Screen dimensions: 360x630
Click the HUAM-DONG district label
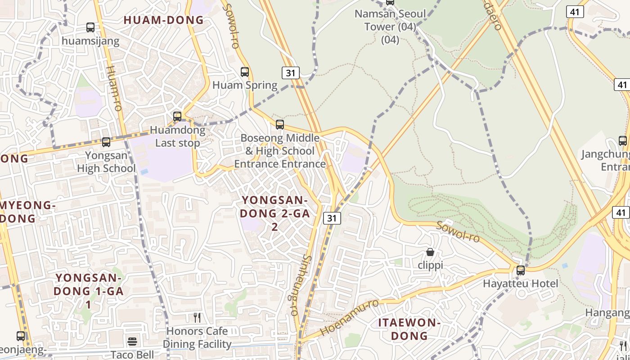tap(163, 20)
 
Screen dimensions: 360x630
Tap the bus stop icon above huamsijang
tap(90, 27)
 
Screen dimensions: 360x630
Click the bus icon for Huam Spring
tap(245, 72)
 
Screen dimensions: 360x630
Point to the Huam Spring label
tap(245, 85)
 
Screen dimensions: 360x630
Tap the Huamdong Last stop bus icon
tap(177, 117)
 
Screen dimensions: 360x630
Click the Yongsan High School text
tap(106, 162)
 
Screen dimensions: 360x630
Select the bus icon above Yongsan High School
tap(106, 142)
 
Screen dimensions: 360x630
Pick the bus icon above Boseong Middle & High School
tap(280, 125)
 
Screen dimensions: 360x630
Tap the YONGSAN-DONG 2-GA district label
tap(275, 213)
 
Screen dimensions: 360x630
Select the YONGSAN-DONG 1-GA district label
tap(88, 291)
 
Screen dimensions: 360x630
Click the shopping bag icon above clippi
tap(430, 252)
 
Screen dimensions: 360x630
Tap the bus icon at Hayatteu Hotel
tap(521, 270)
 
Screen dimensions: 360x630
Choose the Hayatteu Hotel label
tap(520, 284)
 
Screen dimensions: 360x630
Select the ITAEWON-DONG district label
tap(409, 329)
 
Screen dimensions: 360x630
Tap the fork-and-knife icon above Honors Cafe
tap(197, 318)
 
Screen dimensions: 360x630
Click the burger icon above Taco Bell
tap(132, 342)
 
